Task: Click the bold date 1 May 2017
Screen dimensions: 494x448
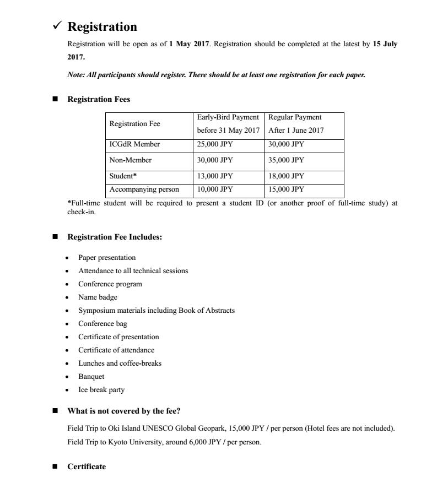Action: click(x=189, y=44)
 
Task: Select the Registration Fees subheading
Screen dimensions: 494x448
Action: click(x=99, y=99)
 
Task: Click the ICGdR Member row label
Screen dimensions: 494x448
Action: click(x=134, y=144)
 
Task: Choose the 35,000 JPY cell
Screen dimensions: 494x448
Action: click(x=286, y=160)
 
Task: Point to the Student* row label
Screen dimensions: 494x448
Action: click(x=123, y=176)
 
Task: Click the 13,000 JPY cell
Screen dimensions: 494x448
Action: click(x=215, y=176)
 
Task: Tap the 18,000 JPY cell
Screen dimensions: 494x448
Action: click(x=286, y=176)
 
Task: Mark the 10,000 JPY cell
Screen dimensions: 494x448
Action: click(x=215, y=189)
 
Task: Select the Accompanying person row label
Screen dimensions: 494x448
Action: click(x=144, y=189)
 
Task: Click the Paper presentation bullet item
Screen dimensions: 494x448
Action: click(x=107, y=258)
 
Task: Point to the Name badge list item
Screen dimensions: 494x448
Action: click(x=98, y=297)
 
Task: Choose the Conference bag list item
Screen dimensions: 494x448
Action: click(x=102, y=324)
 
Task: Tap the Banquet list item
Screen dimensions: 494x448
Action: click(x=91, y=377)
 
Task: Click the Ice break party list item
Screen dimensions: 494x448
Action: click(x=101, y=390)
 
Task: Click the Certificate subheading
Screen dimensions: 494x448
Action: click(x=87, y=466)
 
